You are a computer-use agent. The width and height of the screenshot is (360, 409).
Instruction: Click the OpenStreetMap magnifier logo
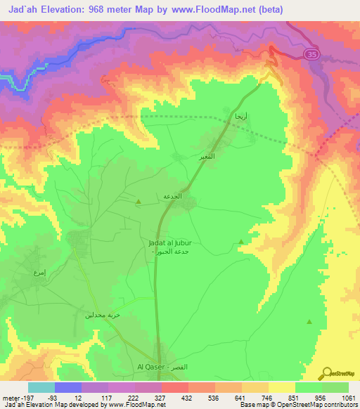click(328, 373)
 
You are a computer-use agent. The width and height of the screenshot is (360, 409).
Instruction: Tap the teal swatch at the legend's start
click(41, 387)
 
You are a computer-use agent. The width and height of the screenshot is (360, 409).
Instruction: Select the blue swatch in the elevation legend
click(68, 387)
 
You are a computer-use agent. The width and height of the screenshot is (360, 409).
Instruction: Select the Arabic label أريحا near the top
click(240, 115)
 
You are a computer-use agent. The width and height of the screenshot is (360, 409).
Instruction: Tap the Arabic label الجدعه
click(173, 197)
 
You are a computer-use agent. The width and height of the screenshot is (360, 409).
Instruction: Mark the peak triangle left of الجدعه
click(138, 202)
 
